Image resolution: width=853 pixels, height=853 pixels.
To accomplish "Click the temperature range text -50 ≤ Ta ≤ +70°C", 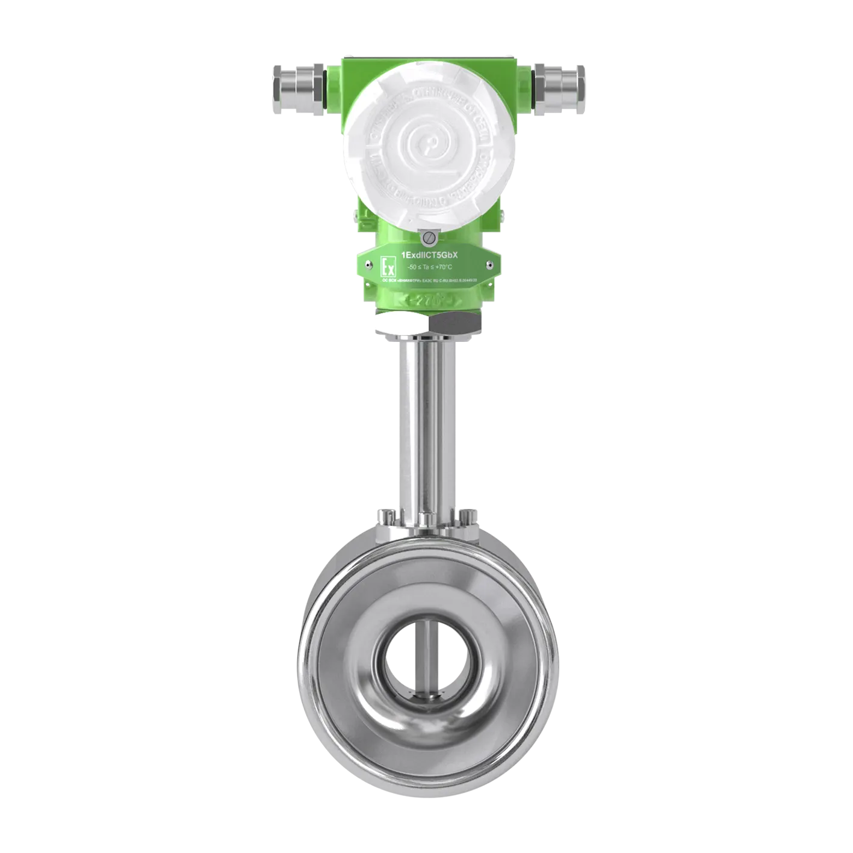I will (x=430, y=267).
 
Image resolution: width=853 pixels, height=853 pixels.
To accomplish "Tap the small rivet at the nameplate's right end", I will (x=492, y=263).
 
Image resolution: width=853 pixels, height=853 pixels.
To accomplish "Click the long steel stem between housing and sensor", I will (x=426, y=421).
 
